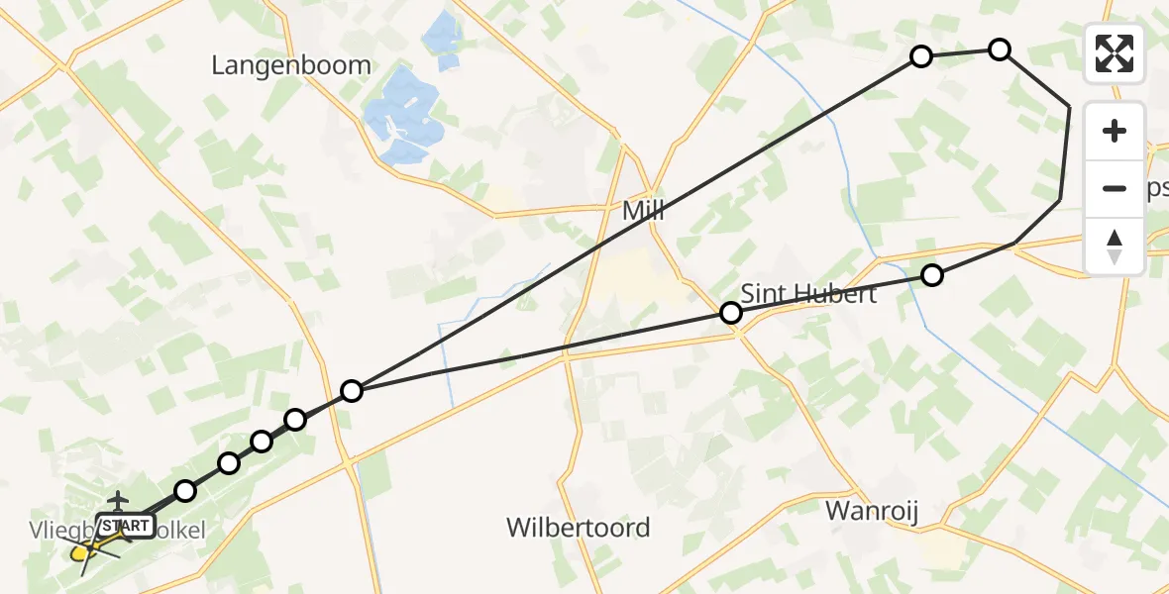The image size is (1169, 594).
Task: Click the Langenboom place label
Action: [291, 65]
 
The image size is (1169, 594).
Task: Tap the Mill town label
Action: [643, 211]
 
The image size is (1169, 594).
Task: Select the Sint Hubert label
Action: [808, 294]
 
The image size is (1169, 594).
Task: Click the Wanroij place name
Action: [872, 511]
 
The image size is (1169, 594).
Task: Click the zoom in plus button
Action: [1115, 132]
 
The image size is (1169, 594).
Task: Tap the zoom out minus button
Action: [1115, 188]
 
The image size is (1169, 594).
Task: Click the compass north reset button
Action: [1115, 246]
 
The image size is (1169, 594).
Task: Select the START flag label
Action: [125, 526]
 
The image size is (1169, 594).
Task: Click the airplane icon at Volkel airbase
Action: [119, 501]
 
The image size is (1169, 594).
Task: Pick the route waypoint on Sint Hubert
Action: [730, 313]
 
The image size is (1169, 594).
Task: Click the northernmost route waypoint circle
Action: [1000, 49]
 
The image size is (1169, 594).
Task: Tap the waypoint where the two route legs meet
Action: [352, 391]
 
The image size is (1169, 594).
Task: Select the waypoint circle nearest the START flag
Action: [185, 490]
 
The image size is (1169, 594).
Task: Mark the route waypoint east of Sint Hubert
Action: [931, 275]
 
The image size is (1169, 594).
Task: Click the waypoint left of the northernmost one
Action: [921, 56]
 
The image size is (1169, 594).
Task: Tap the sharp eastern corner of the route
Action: [1069, 105]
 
